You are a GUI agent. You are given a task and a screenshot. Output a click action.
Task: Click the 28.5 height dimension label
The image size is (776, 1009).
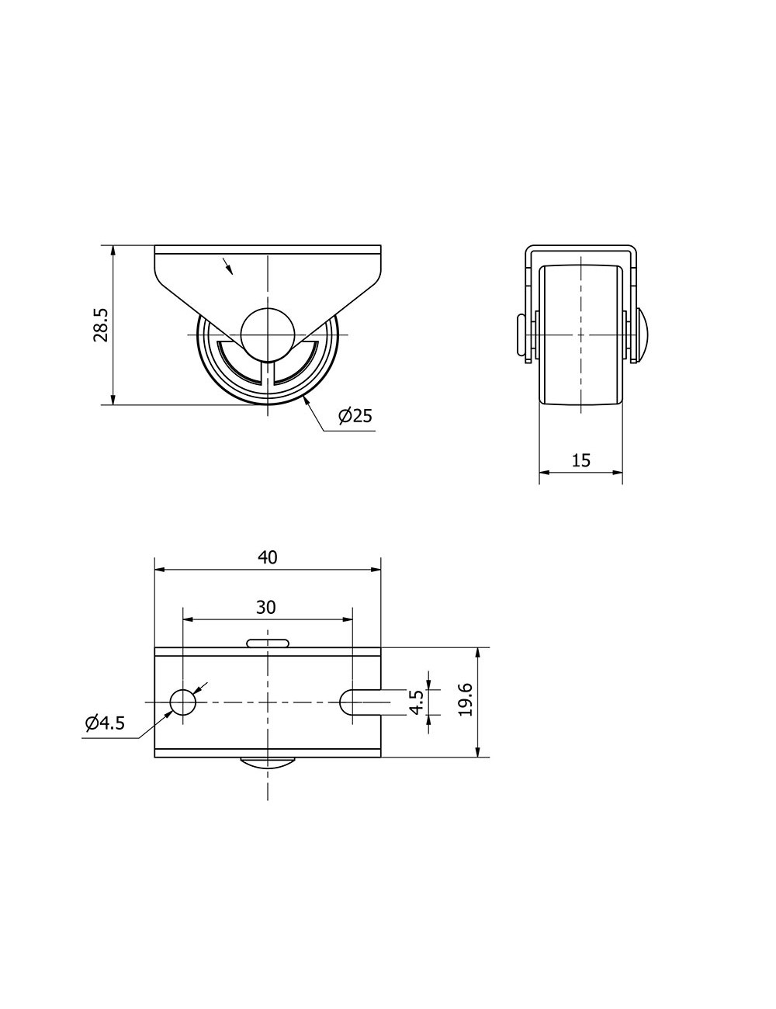(x=101, y=325)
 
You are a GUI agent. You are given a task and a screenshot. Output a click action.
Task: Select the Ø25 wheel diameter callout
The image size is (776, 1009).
(x=355, y=415)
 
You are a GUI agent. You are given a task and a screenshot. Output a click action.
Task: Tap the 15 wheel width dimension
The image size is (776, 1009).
(x=580, y=460)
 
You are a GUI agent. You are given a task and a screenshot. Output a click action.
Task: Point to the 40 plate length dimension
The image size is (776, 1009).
(x=268, y=557)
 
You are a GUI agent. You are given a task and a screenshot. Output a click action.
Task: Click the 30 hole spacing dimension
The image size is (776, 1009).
(x=266, y=608)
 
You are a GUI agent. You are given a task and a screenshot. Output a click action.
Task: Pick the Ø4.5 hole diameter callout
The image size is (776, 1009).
(x=105, y=723)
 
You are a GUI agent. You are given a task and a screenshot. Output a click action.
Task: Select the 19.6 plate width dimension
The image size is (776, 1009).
(x=465, y=699)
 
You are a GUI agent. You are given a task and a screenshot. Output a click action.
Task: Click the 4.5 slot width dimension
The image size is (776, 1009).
(x=416, y=702)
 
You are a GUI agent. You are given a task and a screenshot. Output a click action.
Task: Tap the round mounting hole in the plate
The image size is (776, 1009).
(x=183, y=702)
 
